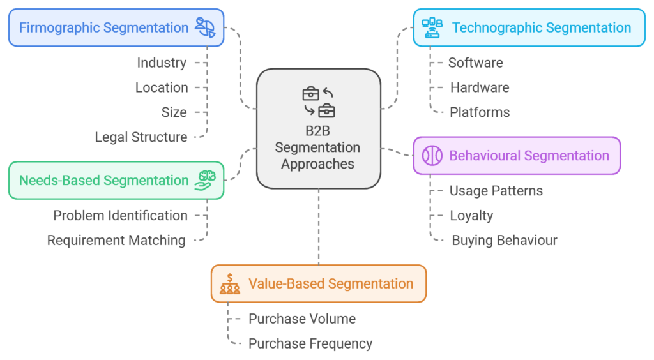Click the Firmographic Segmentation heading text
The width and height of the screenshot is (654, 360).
[x=103, y=27]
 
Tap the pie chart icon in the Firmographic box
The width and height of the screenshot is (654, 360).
[x=205, y=27]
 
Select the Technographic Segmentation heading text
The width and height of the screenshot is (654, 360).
[x=542, y=27]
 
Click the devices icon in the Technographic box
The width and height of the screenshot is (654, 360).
[x=432, y=27]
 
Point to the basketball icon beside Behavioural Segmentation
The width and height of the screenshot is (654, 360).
[x=432, y=156]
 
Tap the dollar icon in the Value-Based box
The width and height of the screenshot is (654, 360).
[x=230, y=284]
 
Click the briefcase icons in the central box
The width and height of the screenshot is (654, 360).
[x=319, y=102]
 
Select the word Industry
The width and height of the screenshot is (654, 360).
[x=162, y=63]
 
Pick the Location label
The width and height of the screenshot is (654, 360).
[x=162, y=87]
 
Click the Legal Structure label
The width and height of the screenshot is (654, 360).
[x=141, y=137]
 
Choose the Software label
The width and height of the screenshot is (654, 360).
[x=476, y=63]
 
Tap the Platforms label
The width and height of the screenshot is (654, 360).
[x=480, y=112]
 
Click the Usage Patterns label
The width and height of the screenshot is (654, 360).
[x=496, y=191]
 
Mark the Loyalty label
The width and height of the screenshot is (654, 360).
[x=471, y=216]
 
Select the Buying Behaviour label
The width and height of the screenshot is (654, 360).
[x=505, y=241]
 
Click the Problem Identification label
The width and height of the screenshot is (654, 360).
[x=120, y=216]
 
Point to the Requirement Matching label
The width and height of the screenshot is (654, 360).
[x=116, y=241]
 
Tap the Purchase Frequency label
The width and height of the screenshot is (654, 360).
[x=310, y=343]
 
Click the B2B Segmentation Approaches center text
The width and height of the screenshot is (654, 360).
[x=317, y=148]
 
